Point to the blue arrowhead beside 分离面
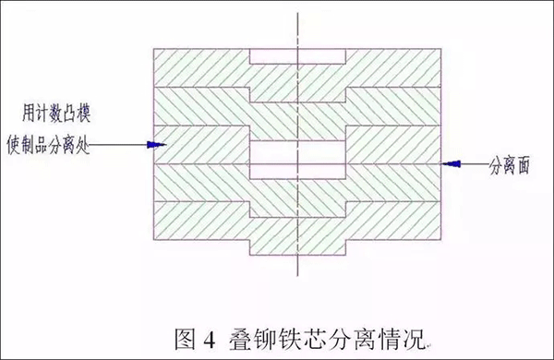pos(452,162)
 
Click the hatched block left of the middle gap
pos(203,144)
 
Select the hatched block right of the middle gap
pos(392,144)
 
